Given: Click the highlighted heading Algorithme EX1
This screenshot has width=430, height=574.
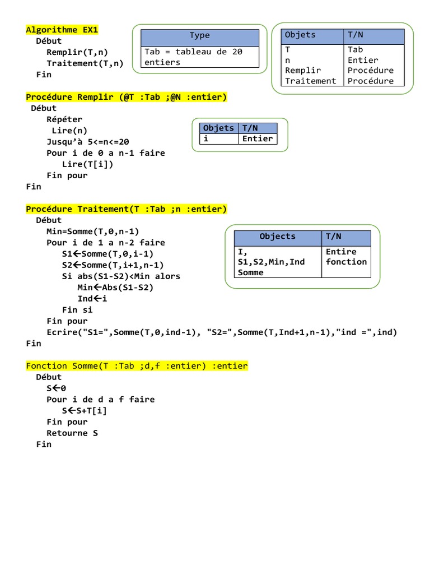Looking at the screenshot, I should pos(66,30).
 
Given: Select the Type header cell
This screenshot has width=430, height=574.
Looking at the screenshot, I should pos(199,36).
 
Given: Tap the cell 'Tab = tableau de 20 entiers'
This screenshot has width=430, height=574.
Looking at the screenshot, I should pos(199,57).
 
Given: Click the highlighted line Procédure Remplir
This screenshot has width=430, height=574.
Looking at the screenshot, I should pos(127,97).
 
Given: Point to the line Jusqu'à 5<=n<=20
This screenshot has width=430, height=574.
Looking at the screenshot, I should pos(88,142).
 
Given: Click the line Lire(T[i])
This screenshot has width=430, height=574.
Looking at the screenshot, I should pos(87,164).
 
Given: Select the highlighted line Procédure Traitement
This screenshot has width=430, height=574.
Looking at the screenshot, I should pos(127,209).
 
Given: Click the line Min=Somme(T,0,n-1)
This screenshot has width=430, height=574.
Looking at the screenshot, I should pos(93,232).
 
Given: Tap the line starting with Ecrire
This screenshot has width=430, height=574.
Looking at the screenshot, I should pos(222,332).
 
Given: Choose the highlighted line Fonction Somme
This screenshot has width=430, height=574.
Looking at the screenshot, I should pos(137,366).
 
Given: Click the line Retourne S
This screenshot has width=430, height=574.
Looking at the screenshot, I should pos(72,433).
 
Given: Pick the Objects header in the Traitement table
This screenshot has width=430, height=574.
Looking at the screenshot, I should pos(277,237).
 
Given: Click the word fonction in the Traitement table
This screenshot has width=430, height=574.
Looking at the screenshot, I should pos(346,262).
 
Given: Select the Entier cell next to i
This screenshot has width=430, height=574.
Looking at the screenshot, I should pos(258,139).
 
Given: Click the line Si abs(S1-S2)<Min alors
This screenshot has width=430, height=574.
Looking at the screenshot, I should pos(121,276).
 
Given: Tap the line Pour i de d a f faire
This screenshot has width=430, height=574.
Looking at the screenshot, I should pos(101,400).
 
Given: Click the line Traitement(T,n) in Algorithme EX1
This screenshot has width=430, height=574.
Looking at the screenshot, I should pos(85,63).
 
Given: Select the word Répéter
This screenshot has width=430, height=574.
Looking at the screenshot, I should pos(64,119).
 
